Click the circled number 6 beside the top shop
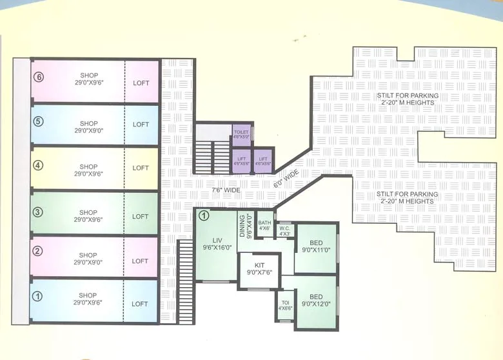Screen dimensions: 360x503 [x=39, y=78]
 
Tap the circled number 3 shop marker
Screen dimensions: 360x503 [x=38, y=212]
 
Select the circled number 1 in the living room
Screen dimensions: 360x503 [x=203, y=216]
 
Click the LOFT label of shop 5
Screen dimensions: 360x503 [x=141, y=125]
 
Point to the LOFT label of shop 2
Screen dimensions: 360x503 [x=141, y=261]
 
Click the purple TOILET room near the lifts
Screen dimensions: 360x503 [x=241, y=135]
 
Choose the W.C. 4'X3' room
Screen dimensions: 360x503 [x=284, y=230]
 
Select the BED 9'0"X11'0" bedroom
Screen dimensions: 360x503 [x=316, y=246]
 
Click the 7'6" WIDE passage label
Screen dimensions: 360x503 [x=225, y=191]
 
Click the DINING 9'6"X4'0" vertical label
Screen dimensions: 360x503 [x=245, y=225]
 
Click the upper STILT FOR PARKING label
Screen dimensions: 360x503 [x=409, y=99]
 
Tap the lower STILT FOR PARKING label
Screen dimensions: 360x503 [x=409, y=197]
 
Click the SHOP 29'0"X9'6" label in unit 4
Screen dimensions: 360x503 [x=88, y=168]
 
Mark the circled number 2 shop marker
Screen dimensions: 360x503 [x=38, y=251]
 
